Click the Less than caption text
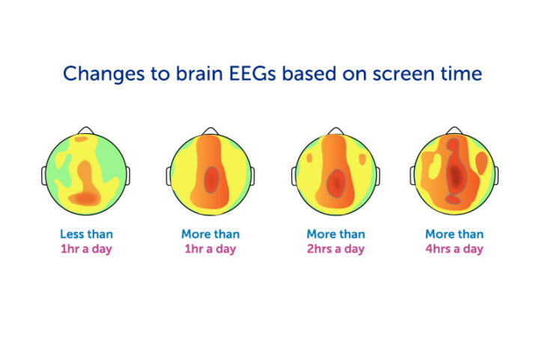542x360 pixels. coord(87,234)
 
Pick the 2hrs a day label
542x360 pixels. coord(335,248)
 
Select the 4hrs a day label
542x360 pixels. coord(454,248)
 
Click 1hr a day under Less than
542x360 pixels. coord(87,248)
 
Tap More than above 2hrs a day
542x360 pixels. coord(335,234)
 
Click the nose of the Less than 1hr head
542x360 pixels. coord(87,131)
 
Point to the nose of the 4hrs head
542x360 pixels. coord(454,131)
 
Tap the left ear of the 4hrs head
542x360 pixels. coord(412,176)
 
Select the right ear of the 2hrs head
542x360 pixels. coord(377,176)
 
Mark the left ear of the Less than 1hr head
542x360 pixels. coord(44,176)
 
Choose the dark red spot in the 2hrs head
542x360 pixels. coord(337,181)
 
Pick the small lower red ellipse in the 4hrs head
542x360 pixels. coord(454,199)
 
